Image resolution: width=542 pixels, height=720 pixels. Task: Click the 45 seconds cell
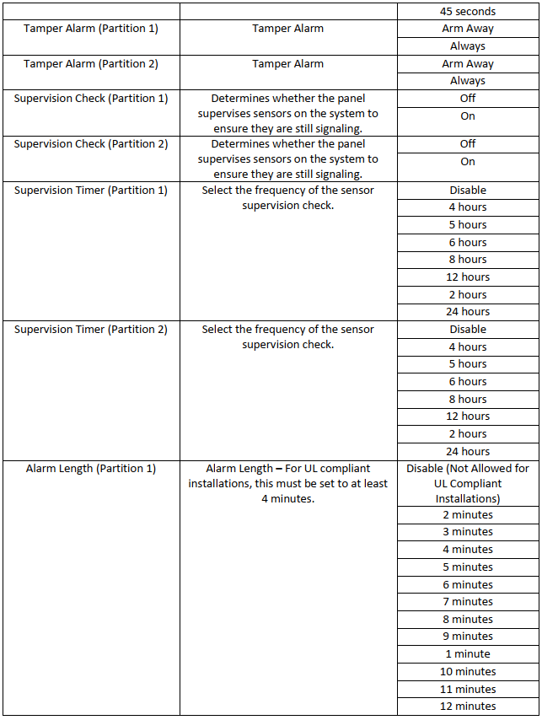pos(467,11)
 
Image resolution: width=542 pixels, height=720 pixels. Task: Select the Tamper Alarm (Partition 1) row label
pos(90,29)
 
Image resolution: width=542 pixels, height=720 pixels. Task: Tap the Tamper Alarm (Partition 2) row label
pos(90,64)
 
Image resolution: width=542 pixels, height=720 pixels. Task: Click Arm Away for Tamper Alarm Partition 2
pos(467,64)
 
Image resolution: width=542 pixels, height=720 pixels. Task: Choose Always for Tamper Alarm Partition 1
pos(467,46)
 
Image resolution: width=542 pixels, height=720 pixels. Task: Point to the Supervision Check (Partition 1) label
pos(90,99)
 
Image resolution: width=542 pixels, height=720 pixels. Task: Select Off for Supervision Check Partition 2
pos(467,144)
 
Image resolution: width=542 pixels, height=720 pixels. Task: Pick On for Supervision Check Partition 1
pos(467,116)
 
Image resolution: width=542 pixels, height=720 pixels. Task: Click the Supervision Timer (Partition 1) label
pos(90,191)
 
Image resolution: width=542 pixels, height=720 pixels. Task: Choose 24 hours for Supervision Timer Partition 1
pos(467,312)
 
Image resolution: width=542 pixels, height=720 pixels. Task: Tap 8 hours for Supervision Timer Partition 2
pos(467,399)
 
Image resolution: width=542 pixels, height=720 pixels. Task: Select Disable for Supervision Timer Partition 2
pos(467,330)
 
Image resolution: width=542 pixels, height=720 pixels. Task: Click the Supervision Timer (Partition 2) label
pos(90,330)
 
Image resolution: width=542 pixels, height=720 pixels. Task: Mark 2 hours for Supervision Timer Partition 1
pos(467,294)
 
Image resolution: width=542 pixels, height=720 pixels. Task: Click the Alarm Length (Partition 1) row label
pos(90,469)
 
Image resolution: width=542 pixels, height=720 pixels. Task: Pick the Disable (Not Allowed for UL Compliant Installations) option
pos(467,483)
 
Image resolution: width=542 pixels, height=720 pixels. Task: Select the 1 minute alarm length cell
pos(467,654)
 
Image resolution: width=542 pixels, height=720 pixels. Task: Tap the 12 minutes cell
pos(467,707)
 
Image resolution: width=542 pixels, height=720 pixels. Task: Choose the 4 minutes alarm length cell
pos(467,550)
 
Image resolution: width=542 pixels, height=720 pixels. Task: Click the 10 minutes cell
pos(467,672)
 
